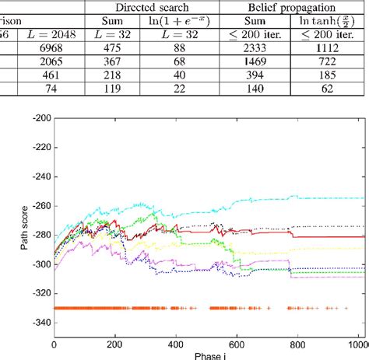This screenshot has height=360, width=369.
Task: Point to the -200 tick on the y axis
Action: (38, 117)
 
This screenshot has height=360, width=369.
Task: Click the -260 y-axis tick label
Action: (38, 206)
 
